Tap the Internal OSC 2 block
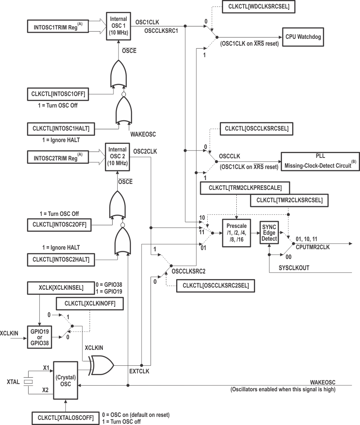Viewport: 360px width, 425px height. pos(118,157)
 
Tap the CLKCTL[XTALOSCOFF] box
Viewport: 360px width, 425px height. pos(65,417)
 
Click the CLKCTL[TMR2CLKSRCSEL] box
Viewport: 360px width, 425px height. pos(290,200)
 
